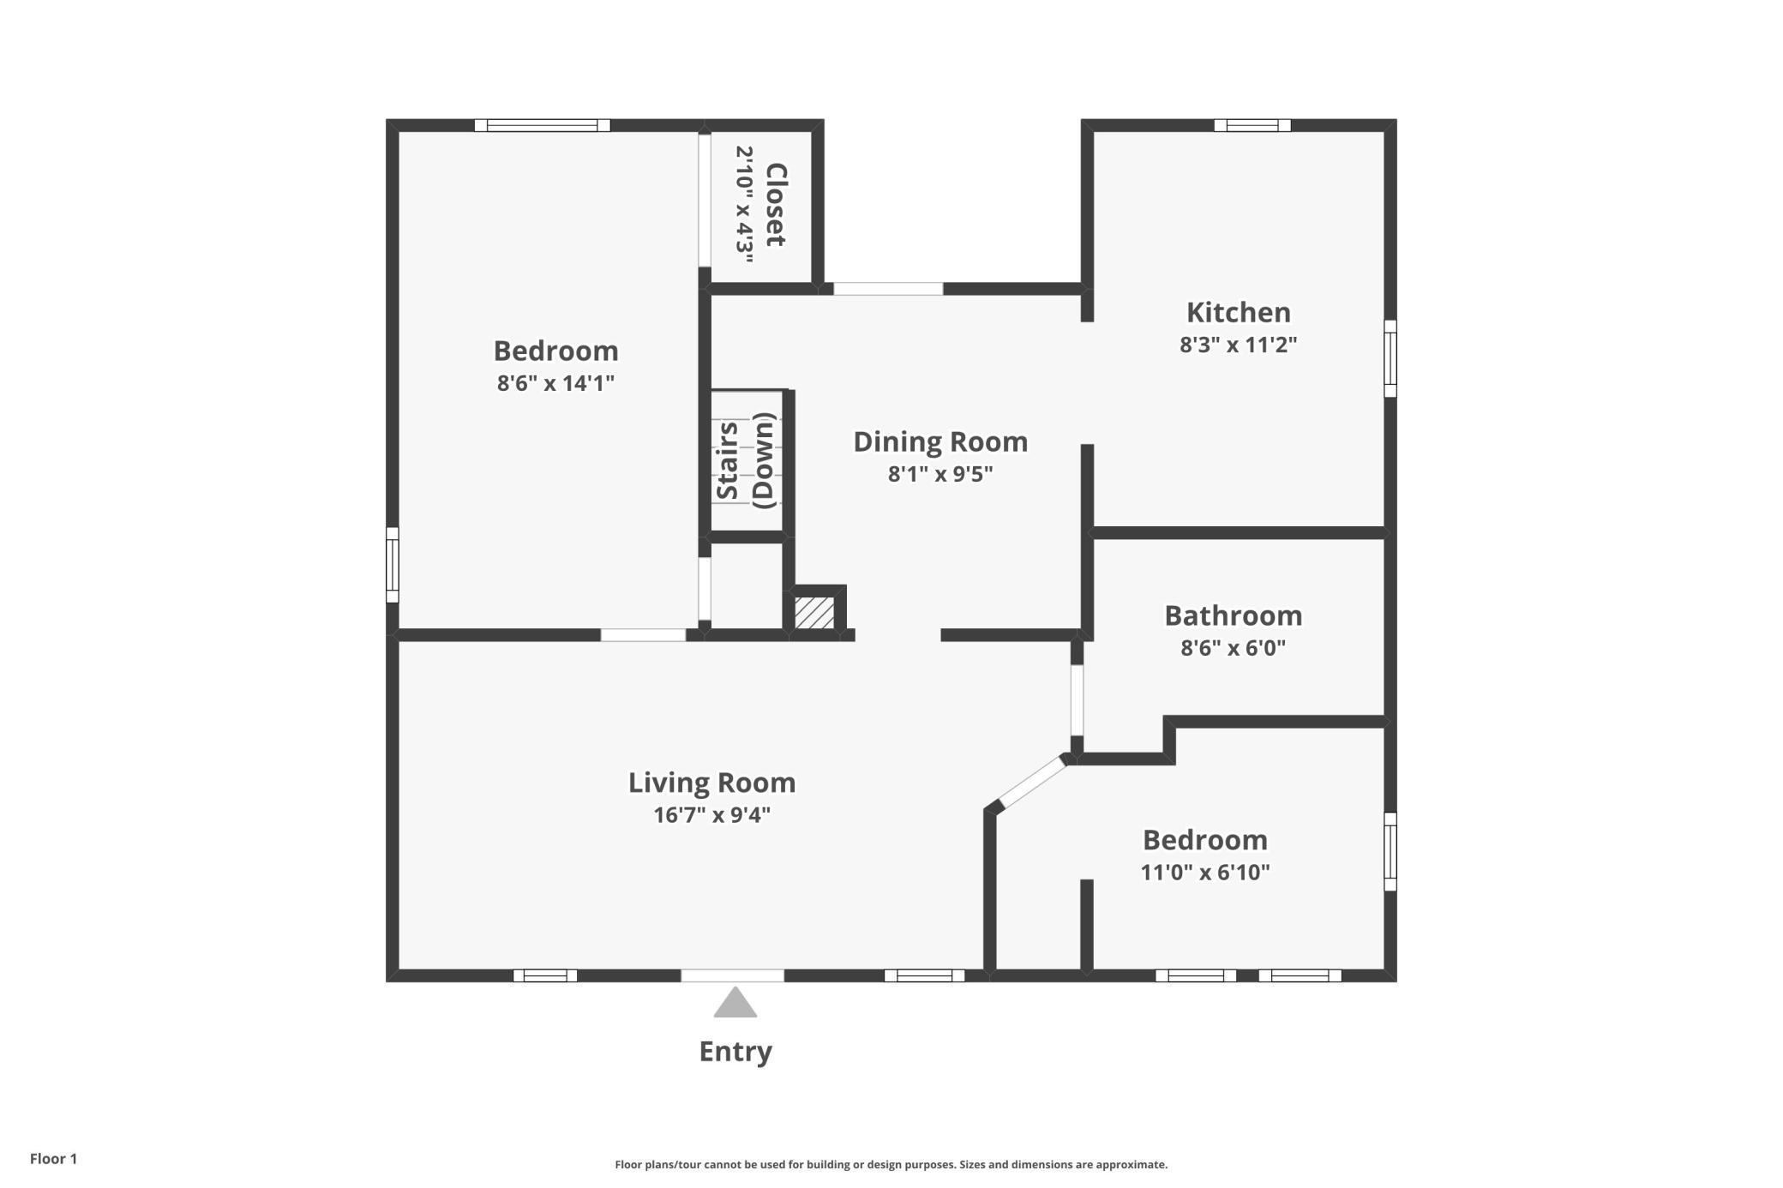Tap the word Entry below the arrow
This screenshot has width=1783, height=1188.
(735, 1052)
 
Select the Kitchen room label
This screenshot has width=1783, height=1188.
(1238, 312)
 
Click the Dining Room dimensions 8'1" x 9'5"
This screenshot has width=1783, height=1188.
(940, 474)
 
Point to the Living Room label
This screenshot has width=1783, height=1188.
(711, 783)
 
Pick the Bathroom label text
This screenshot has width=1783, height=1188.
(1233, 615)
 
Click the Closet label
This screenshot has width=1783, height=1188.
(775, 205)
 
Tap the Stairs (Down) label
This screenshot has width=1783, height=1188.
(746, 461)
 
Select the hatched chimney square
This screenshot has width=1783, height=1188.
(814, 613)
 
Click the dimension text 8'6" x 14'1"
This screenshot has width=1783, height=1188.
(555, 383)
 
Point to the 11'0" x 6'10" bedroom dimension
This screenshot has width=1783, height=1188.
(1204, 873)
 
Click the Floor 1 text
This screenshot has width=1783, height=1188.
(53, 1159)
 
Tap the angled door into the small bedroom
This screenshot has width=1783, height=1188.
(1033, 783)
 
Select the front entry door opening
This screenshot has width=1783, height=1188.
(732, 975)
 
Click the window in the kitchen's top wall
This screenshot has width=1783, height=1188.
(1252, 125)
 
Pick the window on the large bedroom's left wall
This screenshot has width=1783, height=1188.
(393, 565)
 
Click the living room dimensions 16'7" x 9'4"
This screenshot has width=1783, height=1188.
(711, 815)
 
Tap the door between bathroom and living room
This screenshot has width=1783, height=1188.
(1077, 700)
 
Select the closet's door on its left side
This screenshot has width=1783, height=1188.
(705, 200)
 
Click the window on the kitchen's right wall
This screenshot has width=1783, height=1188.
(1390, 358)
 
